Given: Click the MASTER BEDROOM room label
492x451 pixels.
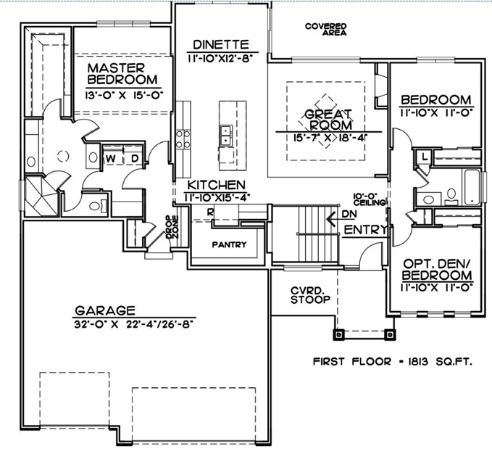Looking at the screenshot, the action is [122, 74].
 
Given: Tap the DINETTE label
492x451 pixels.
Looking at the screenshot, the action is [221, 45].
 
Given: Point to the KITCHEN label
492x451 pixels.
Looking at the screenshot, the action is [217, 185].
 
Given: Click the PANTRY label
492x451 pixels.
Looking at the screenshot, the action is [229, 244].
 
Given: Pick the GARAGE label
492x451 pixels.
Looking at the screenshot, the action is [105, 310].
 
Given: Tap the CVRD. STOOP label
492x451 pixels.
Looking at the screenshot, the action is [310, 295].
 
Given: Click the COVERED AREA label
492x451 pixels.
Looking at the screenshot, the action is [326, 29].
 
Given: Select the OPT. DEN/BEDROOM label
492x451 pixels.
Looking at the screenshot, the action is [437, 269].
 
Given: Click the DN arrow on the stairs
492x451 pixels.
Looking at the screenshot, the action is [333, 218].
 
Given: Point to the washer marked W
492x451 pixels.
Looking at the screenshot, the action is [111, 159].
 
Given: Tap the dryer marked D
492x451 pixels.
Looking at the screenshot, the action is [134, 159].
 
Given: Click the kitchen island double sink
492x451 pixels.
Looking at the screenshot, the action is [225, 136].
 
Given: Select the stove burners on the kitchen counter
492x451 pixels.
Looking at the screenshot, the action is [183, 139].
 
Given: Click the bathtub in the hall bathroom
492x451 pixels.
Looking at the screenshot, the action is [472, 187].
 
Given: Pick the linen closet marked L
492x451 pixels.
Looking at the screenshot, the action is [425, 157].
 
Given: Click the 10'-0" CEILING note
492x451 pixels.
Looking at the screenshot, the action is [369, 199].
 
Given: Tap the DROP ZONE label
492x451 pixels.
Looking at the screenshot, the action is [172, 227].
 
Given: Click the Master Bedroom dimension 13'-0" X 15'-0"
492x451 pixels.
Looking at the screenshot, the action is [124, 95].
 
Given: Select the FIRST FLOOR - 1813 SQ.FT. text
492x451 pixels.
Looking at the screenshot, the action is [393, 362].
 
